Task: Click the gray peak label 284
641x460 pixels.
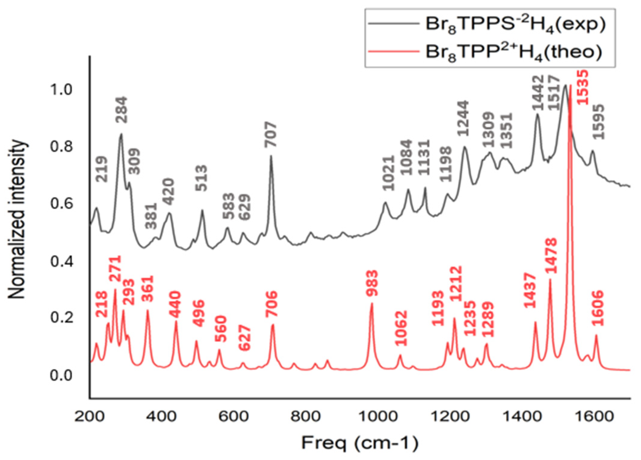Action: tap(122, 110)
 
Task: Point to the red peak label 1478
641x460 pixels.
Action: tap(552, 256)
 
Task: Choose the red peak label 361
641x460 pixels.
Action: tap(147, 289)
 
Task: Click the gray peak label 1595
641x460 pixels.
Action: tap(598, 122)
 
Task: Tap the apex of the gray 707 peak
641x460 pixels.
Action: tap(271, 156)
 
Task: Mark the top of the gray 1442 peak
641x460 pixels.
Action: tap(537, 114)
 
